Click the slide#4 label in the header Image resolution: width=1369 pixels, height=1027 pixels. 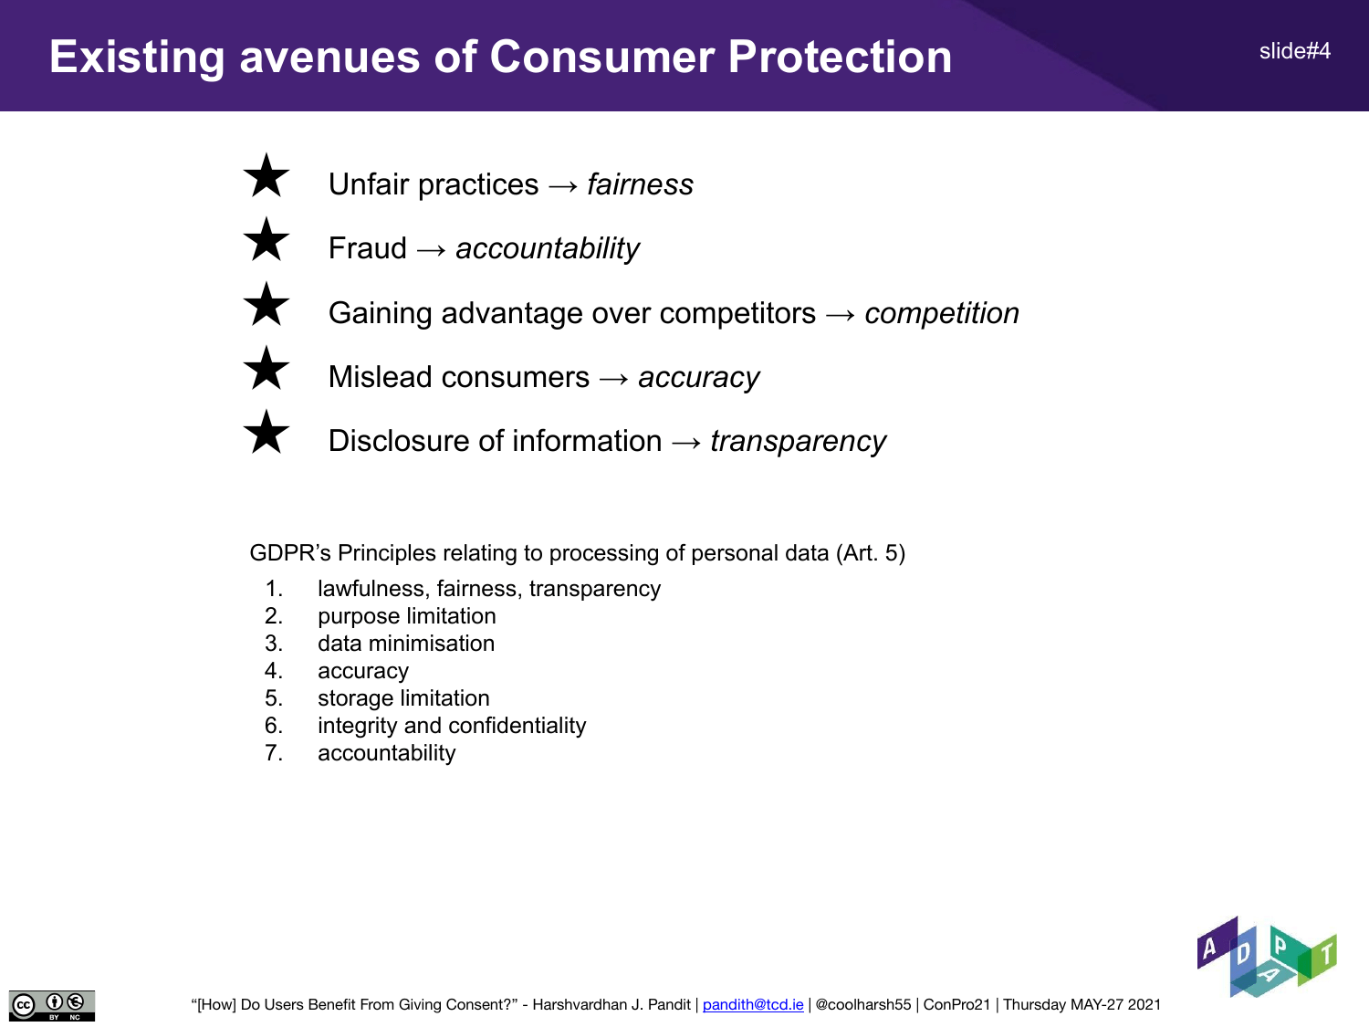(1295, 51)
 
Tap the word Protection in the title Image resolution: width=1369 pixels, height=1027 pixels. (841, 57)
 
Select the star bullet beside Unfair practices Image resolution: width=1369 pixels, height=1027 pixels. (266, 175)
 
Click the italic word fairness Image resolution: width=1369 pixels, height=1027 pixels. (640, 184)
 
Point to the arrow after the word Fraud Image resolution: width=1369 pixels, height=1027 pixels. (432, 250)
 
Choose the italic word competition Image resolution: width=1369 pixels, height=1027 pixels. (942, 313)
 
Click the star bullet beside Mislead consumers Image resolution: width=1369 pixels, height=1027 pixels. (266, 368)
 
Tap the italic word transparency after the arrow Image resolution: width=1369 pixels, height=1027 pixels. (798, 442)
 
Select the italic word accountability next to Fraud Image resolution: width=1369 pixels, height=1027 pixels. (548, 249)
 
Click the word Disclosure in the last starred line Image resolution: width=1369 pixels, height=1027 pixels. (399, 441)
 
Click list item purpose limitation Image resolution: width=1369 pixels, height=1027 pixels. (407, 616)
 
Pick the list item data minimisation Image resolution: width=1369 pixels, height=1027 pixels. (406, 644)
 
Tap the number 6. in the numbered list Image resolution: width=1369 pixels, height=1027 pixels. (274, 726)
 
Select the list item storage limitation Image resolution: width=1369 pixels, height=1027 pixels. (403, 698)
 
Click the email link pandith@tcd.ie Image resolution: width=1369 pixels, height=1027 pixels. (753, 1004)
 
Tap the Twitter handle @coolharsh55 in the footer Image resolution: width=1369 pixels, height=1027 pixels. (863, 1004)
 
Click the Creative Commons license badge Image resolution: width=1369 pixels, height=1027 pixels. (52, 1006)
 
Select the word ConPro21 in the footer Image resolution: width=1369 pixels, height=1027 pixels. (956, 1004)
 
